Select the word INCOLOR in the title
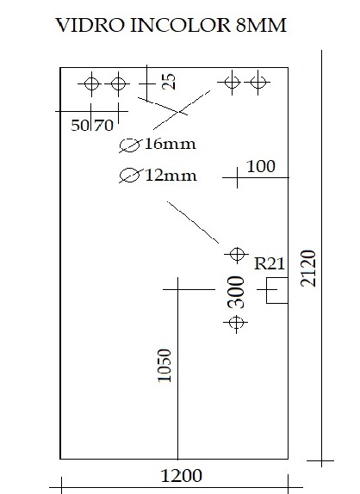coord(181,25)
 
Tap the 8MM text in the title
coord(261,25)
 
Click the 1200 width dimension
coord(181,476)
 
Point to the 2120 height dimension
coord(308,269)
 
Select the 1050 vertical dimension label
coord(164,366)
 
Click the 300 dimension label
coord(236,292)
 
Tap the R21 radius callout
coord(270,263)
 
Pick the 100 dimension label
coord(261,166)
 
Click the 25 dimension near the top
coord(169,82)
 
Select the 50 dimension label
coord(80,125)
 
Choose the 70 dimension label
coord(103,125)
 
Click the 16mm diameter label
coord(171,144)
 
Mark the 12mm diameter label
coord(171,176)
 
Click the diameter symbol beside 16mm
coord(130,145)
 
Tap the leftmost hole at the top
coord(92,83)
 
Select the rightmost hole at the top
coord(258,83)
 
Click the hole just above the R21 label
coord(237,254)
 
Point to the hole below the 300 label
coord(236,323)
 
